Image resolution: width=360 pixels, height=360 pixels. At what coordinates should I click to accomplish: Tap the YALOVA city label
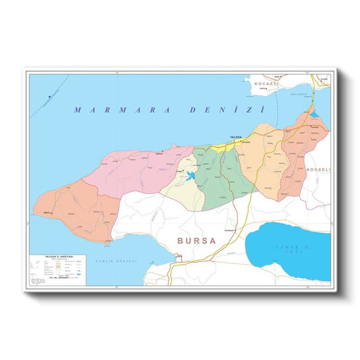[x=236, y=137]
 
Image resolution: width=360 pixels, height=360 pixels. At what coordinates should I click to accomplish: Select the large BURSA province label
[x=196, y=240]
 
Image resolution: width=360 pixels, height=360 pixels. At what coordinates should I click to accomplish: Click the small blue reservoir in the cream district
[x=191, y=177]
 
